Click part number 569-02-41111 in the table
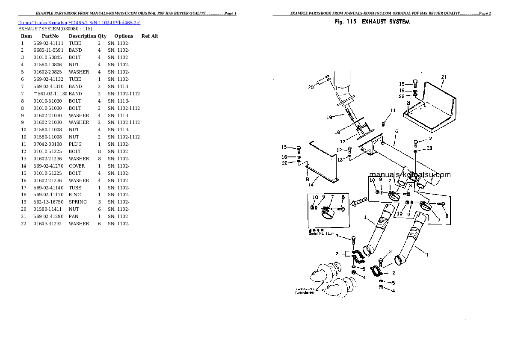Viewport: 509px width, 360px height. (48, 43)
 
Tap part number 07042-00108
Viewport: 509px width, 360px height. (48, 144)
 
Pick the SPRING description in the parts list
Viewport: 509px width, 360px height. (77, 202)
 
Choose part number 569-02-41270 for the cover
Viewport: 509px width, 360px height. (48, 166)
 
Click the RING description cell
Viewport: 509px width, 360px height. (75, 195)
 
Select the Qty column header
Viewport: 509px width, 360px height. (102, 36)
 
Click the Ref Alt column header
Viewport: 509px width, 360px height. (150, 36)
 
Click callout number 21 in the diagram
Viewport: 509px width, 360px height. (444, 77)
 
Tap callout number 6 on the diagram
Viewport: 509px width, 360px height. (397, 131)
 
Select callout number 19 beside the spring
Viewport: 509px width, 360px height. (329, 117)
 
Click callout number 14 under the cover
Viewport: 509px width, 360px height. (311, 185)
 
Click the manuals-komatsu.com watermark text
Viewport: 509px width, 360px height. (409, 174)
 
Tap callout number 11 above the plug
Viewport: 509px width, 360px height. (393, 111)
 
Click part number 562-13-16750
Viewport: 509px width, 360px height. (48, 202)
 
